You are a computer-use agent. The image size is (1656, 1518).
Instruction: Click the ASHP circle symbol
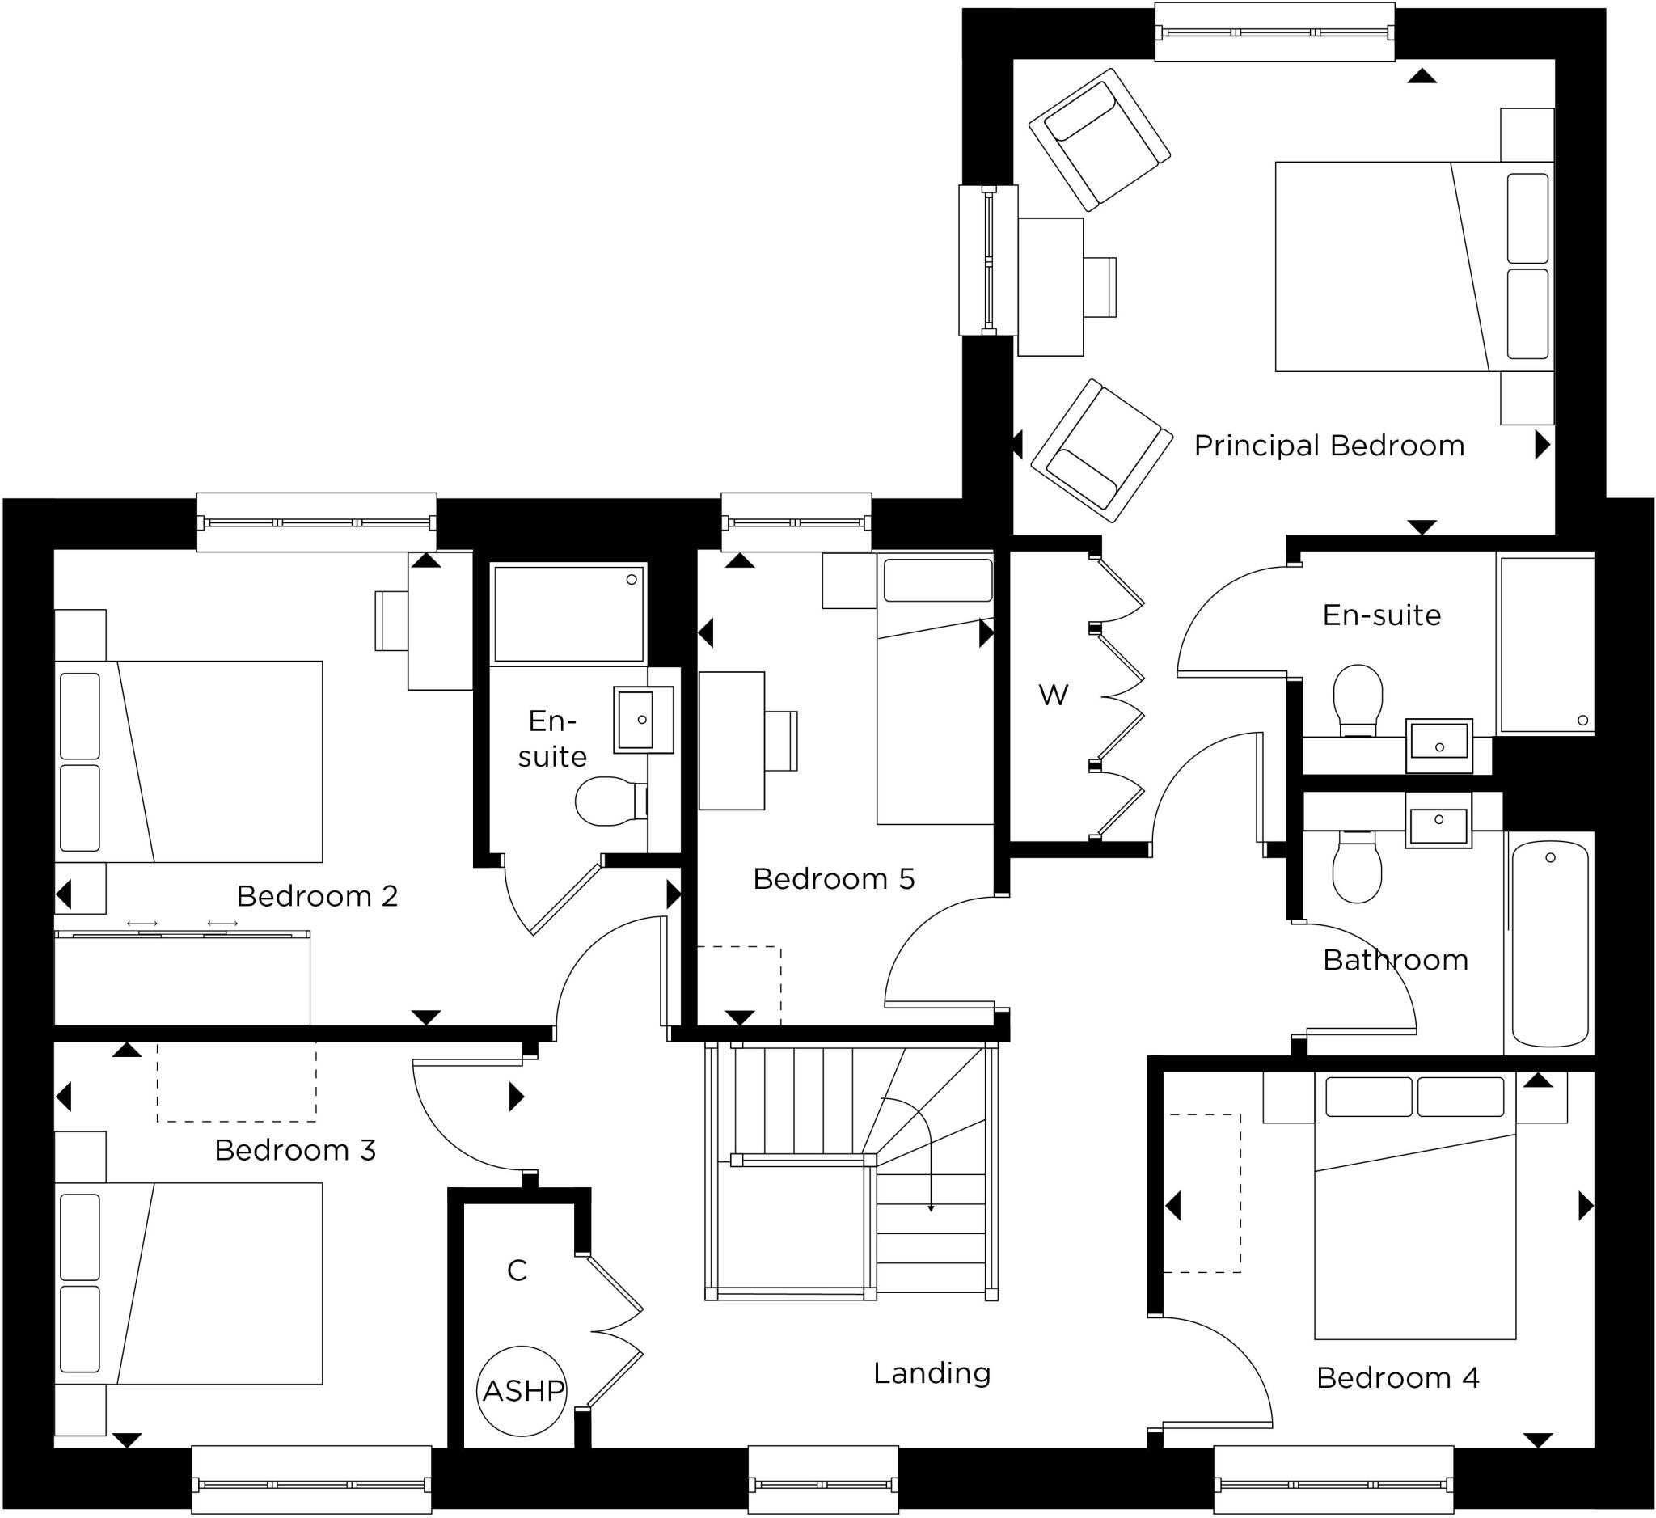click(522, 1391)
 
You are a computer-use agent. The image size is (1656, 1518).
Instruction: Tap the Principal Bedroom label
click(1329, 446)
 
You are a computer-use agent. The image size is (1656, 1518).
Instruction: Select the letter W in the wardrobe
click(1053, 695)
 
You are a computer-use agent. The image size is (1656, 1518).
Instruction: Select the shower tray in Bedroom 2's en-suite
click(568, 613)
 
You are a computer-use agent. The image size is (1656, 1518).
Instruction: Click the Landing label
click(931, 1372)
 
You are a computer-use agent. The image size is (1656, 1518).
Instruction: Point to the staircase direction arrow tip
click(931, 1209)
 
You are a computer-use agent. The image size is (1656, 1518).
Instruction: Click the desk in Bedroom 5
click(731, 740)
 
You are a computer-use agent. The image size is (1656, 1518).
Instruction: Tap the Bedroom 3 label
click(295, 1150)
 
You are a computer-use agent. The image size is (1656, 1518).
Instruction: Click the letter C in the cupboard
click(517, 1271)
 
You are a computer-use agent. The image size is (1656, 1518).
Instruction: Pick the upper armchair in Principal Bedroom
click(1098, 139)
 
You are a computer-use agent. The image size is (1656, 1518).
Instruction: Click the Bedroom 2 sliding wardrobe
click(183, 979)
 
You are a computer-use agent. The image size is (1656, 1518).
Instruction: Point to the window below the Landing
click(823, 1483)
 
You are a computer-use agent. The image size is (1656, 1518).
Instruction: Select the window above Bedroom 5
click(796, 522)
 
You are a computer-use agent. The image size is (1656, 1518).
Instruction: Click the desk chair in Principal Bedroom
click(1100, 286)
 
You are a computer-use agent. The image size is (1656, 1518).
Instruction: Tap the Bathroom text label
click(1395, 959)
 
